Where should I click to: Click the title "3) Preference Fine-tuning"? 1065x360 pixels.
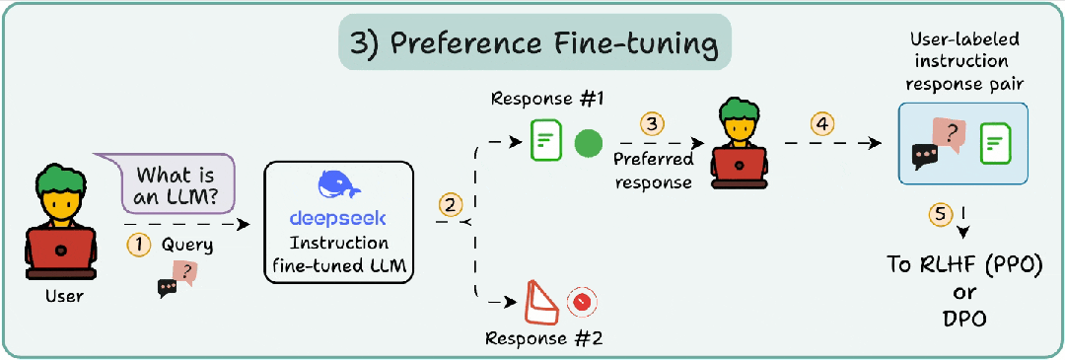pos(533,44)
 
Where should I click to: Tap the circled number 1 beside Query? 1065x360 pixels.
pos(138,246)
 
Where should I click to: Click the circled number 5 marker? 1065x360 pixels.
pos(940,214)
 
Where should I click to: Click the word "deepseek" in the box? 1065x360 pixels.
pos(337,218)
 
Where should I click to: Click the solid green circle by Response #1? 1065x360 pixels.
pos(588,144)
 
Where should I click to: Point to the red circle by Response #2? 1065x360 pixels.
pos(581,303)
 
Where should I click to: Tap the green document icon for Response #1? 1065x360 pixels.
pos(545,140)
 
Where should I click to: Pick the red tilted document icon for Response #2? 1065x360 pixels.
pos(540,304)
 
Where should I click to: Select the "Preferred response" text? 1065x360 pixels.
pos(654,172)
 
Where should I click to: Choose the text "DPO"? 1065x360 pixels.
pos(963,319)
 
